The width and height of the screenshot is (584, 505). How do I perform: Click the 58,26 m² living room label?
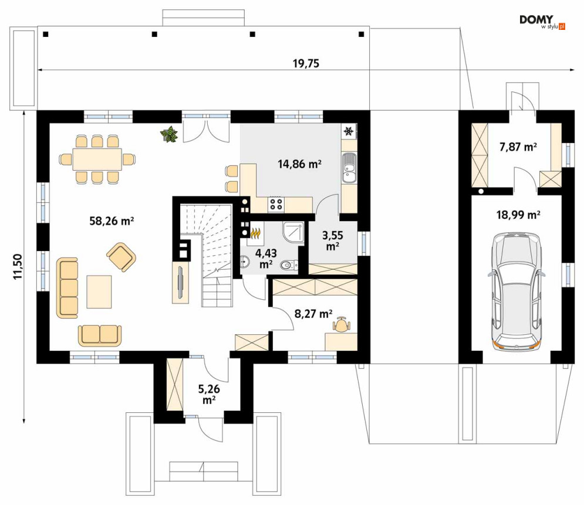(x=112, y=221)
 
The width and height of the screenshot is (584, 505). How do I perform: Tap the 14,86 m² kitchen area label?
(x=300, y=164)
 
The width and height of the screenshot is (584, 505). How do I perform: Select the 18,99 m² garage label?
(x=518, y=215)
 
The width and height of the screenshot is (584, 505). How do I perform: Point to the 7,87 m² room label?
(x=518, y=147)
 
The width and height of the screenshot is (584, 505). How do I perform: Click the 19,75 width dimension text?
(x=306, y=63)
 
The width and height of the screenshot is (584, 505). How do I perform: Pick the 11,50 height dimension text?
(x=18, y=267)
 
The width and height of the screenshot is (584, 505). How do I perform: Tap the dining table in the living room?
(x=97, y=160)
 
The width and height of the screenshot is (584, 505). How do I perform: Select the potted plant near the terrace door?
(x=169, y=134)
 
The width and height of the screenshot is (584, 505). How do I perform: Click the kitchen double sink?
(x=349, y=168)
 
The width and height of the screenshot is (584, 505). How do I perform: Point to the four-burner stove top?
(x=276, y=203)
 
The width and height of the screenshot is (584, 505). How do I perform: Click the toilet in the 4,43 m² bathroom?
(x=289, y=265)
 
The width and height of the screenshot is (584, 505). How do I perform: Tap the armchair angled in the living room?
(x=121, y=257)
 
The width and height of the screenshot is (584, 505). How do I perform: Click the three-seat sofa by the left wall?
(x=67, y=287)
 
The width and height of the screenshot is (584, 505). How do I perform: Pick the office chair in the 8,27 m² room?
(x=341, y=326)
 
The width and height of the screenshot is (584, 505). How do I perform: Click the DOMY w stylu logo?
(x=542, y=22)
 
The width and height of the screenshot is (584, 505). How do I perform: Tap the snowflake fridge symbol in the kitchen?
(x=349, y=131)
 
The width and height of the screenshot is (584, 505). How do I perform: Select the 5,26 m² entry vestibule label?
(x=209, y=395)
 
